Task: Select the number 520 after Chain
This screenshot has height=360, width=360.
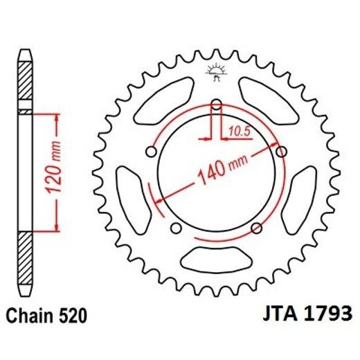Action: pyautogui.click(x=74, y=316)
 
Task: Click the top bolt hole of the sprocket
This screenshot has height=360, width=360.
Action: pyautogui.click(x=216, y=105)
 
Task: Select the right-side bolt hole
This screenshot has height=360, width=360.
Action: pyautogui.click(x=280, y=151)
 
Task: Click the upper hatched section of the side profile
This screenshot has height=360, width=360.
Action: pyautogui.click(x=25, y=82)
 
